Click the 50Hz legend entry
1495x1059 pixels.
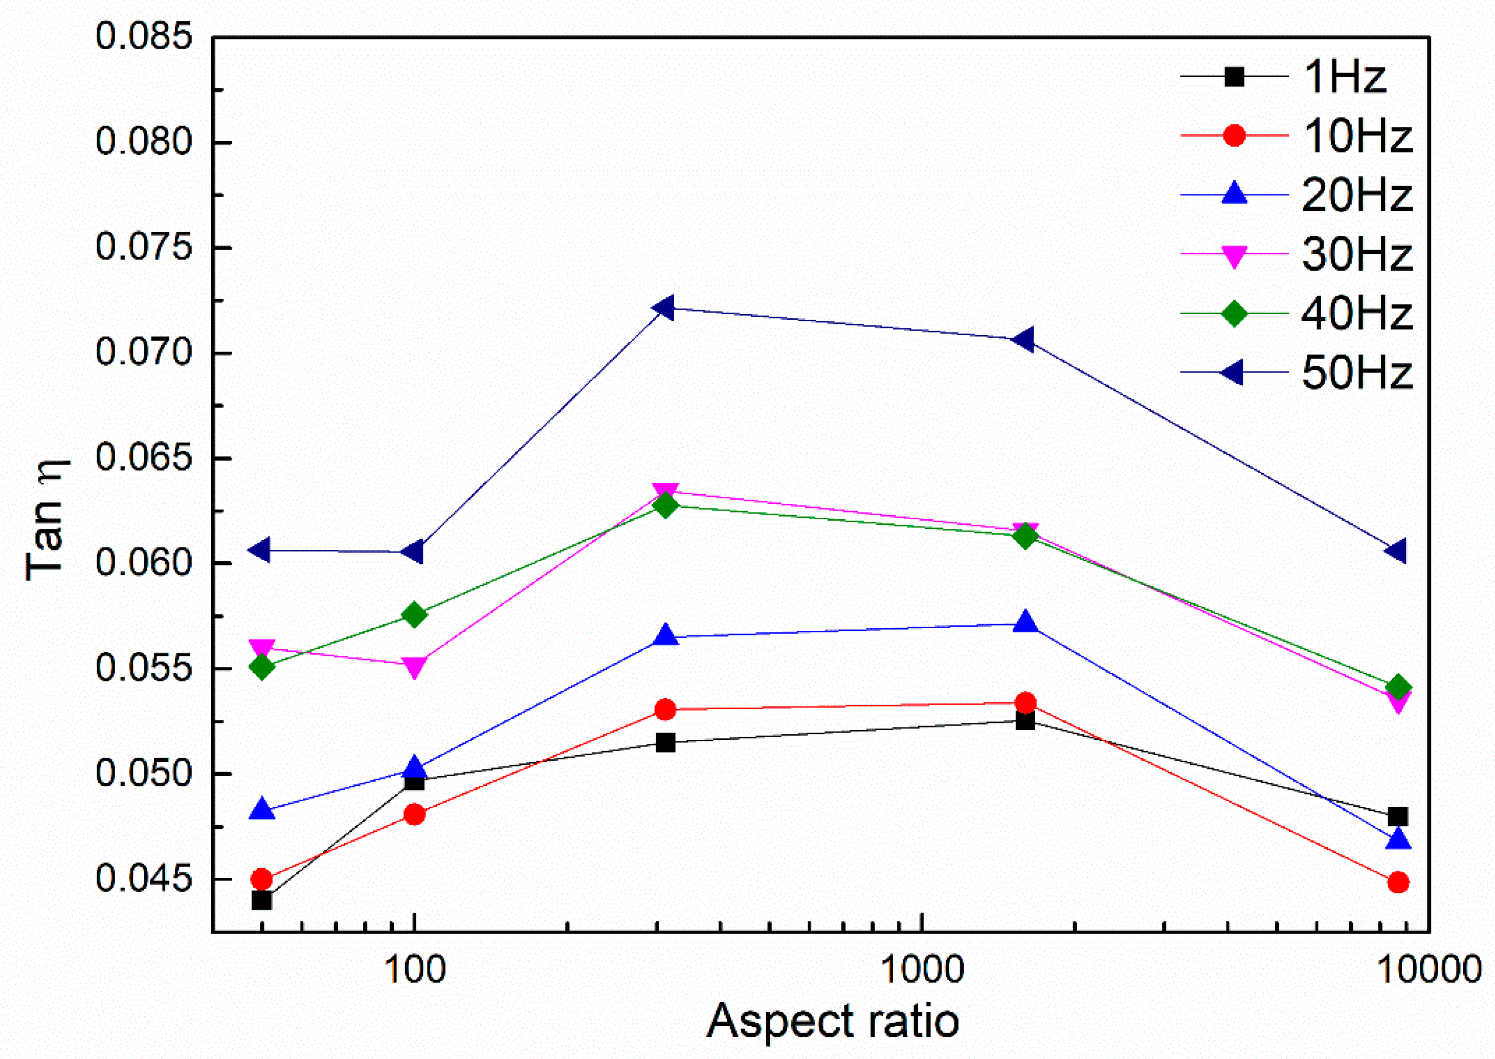click(1356, 373)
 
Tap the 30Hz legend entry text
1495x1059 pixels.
click(1356, 254)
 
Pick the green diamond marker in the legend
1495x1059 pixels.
click(1234, 314)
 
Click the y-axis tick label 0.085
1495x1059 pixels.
click(145, 36)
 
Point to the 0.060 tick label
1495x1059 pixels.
click(145, 562)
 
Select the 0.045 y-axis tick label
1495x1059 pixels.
click(145, 878)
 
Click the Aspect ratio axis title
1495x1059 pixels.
click(833, 1021)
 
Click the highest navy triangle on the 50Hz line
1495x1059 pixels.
click(664, 308)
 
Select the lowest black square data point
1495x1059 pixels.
click(261, 900)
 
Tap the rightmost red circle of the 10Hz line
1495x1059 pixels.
click(1398, 883)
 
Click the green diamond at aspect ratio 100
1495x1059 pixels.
click(415, 615)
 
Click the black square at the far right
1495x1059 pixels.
click(1398, 817)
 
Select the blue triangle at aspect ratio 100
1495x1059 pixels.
click(415, 767)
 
